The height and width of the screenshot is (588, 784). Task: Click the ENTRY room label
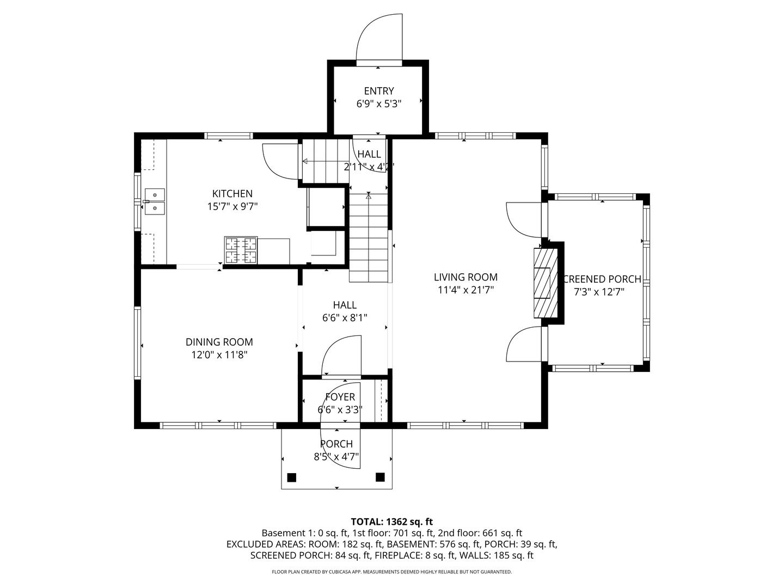[378, 91]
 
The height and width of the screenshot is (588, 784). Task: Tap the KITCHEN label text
[232, 193]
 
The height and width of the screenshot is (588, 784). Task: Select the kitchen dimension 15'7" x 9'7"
[232, 206]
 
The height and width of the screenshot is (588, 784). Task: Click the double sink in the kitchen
[155, 201]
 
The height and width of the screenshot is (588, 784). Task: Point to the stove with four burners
[240, 250]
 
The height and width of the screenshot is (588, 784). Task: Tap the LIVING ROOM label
[465, 277]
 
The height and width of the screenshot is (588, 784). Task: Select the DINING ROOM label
[219, 342]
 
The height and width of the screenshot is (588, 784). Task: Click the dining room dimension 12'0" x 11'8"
[219, 355]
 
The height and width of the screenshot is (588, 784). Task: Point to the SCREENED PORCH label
[602, 279]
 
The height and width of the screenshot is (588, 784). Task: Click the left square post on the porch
[291, 477]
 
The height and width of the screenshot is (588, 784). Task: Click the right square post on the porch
[380, 477]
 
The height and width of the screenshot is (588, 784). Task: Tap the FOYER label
[340, 397]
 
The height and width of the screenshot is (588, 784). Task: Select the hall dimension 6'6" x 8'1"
[345, 318]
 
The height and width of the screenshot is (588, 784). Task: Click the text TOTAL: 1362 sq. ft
[391, 522]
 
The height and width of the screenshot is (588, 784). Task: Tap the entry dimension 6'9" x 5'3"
[378, 103]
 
